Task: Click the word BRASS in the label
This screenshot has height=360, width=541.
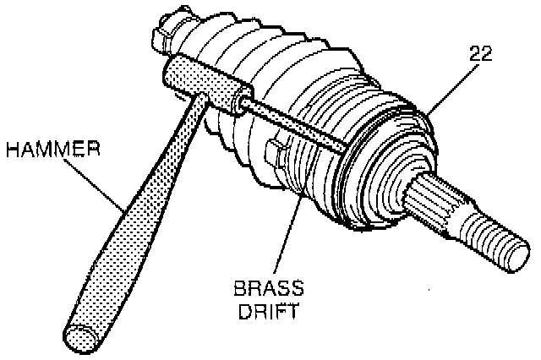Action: pyautogui.click(x=266, y=287)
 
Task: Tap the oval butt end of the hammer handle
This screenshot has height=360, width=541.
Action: pyautogui.click(x=81, y=337)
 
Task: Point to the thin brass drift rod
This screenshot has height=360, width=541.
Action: pyautogui.click(x=296, y=127)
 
